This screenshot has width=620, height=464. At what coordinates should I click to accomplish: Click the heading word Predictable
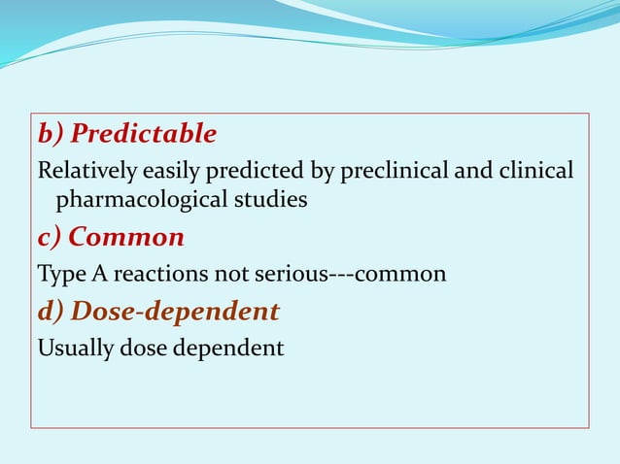point(144,133)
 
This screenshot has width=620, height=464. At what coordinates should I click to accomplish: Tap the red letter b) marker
point(51,133)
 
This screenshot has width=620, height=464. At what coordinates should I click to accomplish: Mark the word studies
point(277,201)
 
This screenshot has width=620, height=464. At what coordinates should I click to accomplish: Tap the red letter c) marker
point(50,237)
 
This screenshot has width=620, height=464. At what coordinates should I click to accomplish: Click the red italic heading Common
point(127,237)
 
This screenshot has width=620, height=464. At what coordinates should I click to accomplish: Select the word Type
point(59,275)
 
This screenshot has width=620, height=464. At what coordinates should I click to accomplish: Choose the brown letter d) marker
point(51,312)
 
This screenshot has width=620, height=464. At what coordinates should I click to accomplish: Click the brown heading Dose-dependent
point(176,312)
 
